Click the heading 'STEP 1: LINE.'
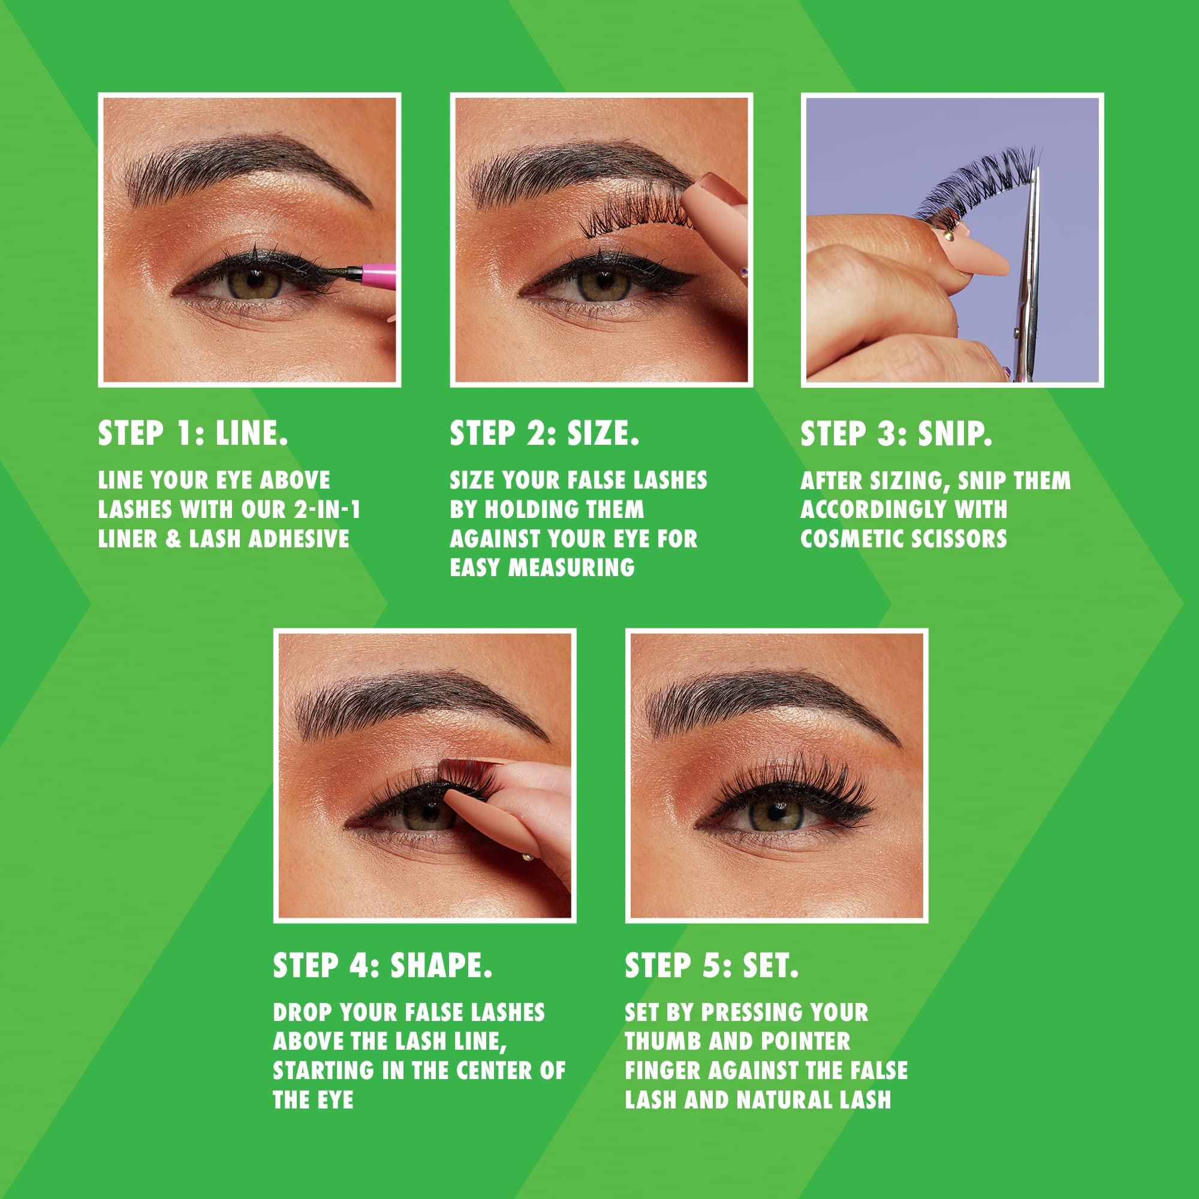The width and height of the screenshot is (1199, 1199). point(193,433)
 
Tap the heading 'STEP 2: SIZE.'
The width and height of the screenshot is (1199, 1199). point(544,433)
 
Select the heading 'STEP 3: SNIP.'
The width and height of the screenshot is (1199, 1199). point(896,433)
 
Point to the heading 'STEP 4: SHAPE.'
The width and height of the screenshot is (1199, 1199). point(382,965)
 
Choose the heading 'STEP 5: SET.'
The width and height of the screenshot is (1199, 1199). point(711,965)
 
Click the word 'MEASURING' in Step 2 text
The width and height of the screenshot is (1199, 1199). point(571,567)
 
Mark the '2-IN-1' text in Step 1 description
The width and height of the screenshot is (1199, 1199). point(327,510)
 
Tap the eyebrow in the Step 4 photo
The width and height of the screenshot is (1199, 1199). point(416,701)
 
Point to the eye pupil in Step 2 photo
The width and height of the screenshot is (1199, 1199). point(602,283)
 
